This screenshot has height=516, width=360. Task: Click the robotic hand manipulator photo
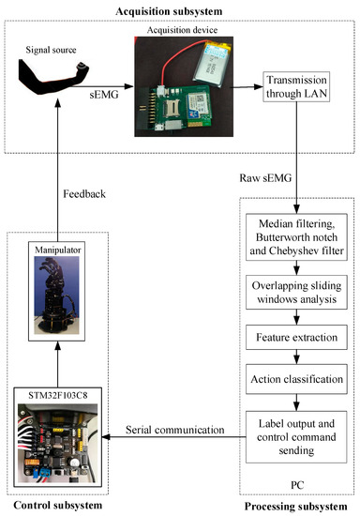coord(63,304)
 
